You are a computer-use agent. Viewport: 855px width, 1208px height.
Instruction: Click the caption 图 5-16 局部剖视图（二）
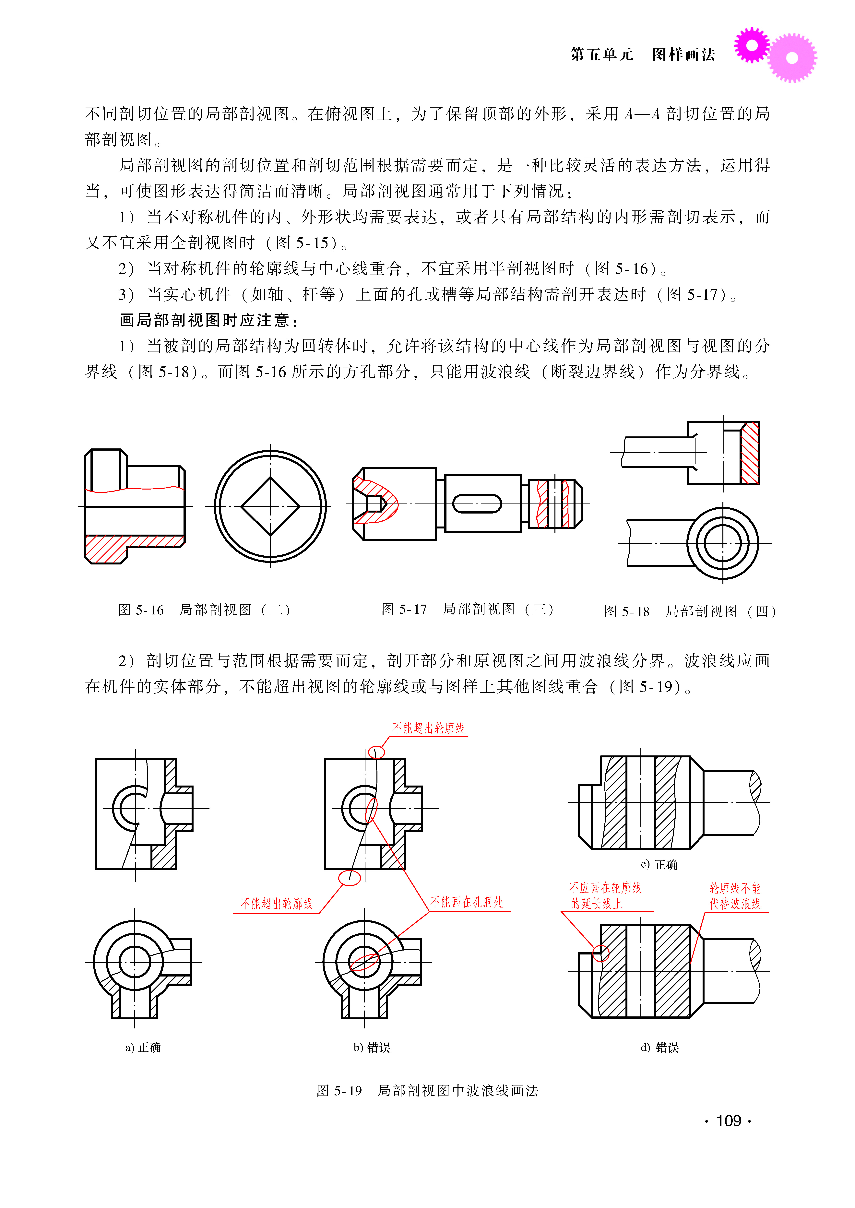tap(204, 610)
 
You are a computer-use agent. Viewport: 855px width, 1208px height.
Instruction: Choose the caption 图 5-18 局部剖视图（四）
tap(690, 612)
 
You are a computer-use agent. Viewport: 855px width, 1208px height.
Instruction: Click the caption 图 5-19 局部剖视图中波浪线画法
tap(428, 1091)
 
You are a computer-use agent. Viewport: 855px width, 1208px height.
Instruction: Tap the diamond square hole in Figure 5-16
tap(270, 506)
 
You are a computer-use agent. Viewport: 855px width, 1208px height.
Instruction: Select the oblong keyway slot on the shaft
tap(477, 504)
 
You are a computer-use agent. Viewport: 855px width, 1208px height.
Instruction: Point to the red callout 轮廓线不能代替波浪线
tap(735, 896)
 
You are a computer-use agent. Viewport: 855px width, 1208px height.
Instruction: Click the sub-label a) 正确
tap(143, 1048)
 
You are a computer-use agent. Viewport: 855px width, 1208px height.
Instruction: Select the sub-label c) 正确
tap(659, 865)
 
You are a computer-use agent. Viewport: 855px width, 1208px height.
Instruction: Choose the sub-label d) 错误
tap(660, 1048)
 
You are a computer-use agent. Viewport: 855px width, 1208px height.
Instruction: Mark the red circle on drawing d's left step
tap(601, 953)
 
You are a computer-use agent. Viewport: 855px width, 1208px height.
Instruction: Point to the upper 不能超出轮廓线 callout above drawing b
tap(429, 728)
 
